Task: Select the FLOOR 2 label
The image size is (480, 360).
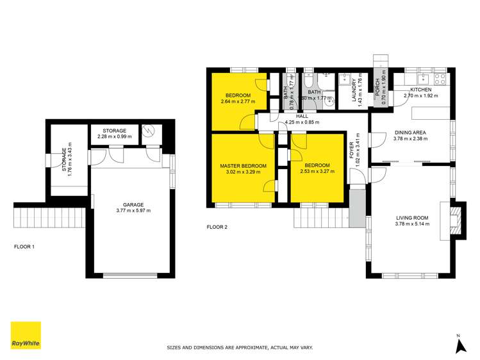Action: (x=217, y=227)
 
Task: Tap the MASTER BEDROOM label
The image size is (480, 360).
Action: (x=243, y=166)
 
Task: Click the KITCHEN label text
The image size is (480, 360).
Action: (x=421, y=90)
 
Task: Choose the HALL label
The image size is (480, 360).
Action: (x=302, y=116)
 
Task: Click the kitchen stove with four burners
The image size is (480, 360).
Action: (x=440, y=79)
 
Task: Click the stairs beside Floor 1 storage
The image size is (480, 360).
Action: (x=49, y=216)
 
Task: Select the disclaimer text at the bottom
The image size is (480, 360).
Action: (x=240, y=348)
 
